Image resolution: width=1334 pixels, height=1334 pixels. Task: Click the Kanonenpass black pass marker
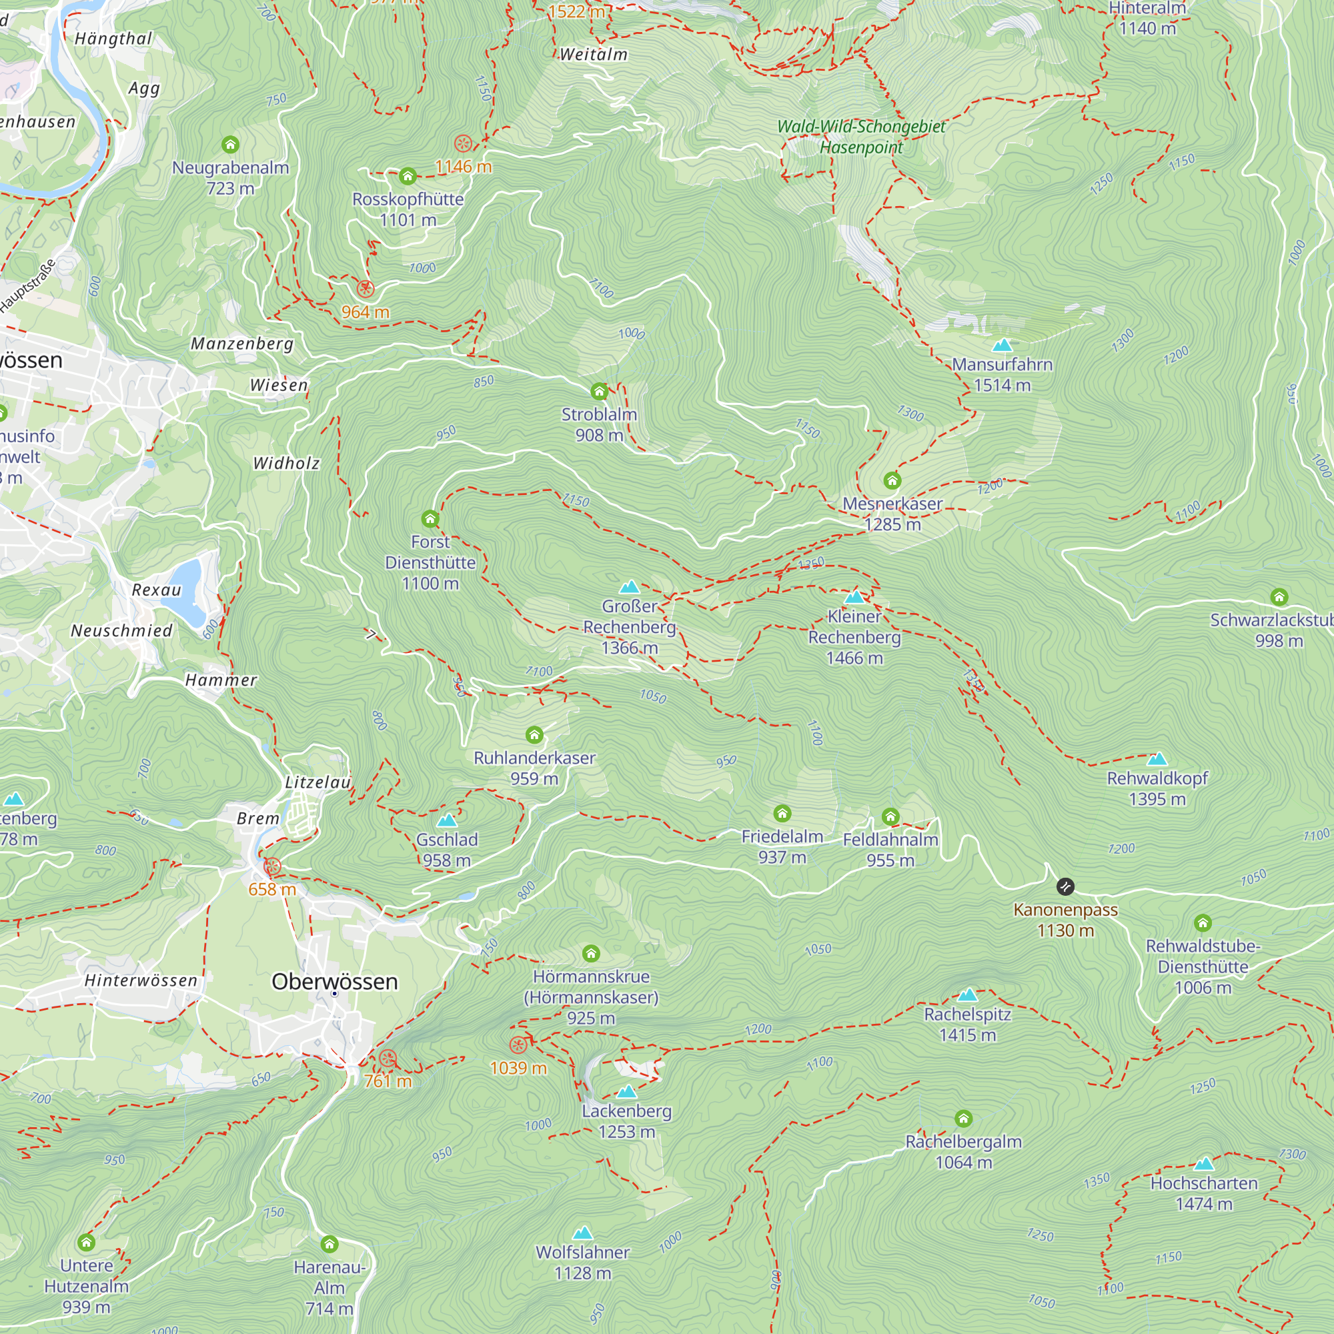(1065, 886)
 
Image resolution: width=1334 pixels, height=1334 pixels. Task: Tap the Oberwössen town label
(335, 981)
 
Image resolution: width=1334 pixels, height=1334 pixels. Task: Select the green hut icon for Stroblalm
(600, 392)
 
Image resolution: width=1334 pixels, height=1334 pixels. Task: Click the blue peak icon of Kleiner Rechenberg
(855, 596)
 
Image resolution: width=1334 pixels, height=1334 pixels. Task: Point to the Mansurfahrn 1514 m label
(1002, 374)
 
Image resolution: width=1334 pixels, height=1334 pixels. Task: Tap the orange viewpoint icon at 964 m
(366, 289)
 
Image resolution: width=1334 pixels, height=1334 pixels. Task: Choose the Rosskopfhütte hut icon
(408, 176)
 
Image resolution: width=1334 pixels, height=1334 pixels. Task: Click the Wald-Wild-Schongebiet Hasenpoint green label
(861, 137)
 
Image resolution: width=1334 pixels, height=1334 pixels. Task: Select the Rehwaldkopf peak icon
(1157, 760)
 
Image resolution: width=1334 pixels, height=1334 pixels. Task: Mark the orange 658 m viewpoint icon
(273, 866)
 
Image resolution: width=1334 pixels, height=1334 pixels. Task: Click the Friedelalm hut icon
(782, 813)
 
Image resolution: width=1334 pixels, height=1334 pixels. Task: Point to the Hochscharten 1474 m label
(1203, 1193)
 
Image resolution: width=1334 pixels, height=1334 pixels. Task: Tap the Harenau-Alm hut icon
(329, 1244)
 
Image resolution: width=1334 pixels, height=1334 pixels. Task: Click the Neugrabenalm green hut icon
(231, 144)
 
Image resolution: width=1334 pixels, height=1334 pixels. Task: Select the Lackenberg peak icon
(627, 1092)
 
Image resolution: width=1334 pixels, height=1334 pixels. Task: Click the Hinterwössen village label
(141, 980)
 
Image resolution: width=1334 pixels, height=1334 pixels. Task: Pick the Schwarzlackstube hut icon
(1279, 596)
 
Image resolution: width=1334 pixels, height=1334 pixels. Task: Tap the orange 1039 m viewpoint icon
(518, 1045)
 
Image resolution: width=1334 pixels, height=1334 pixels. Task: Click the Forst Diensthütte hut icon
(430, 518)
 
